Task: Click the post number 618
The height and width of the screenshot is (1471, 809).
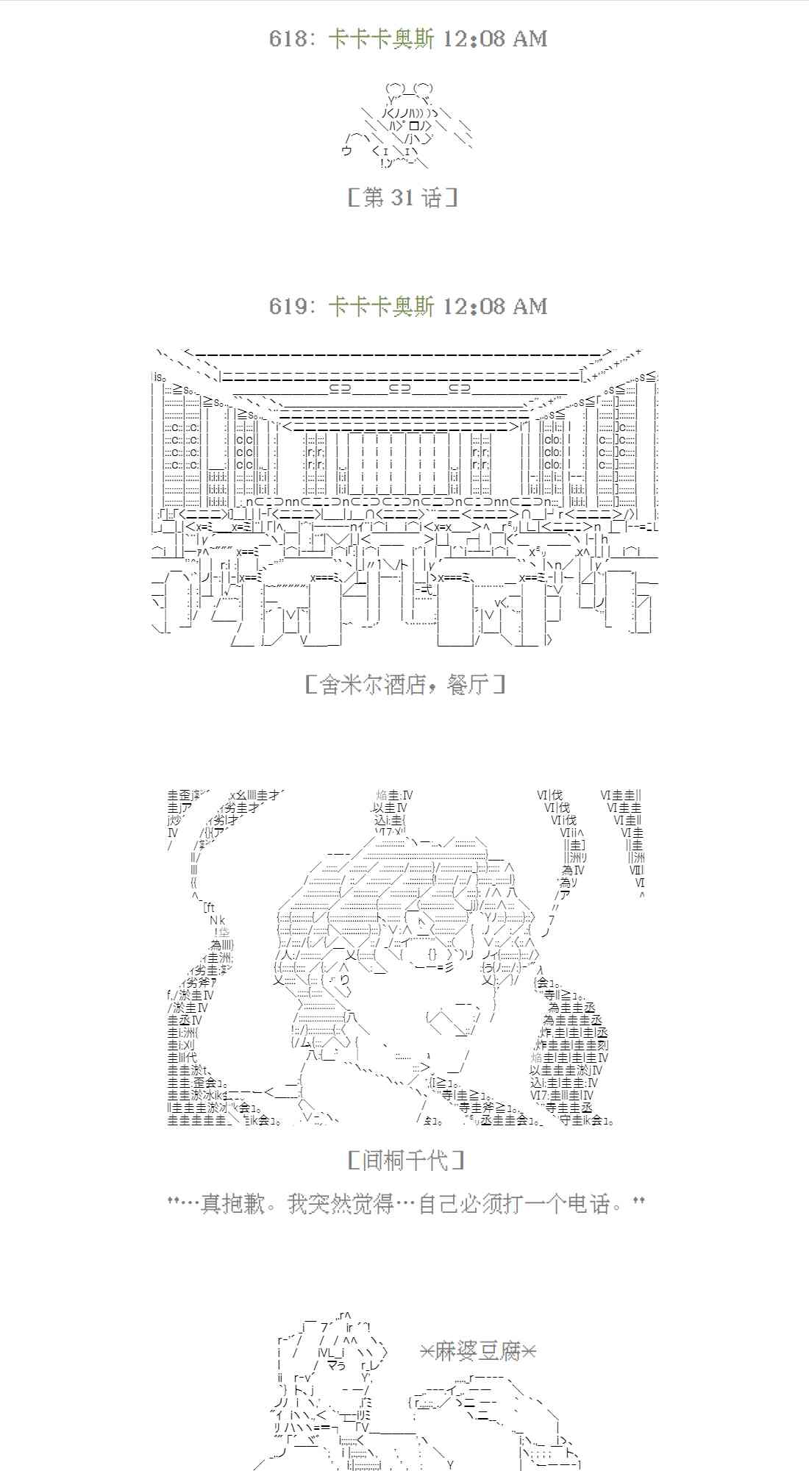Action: (x=288, y=39)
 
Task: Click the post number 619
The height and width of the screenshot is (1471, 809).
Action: (x=288, y=306)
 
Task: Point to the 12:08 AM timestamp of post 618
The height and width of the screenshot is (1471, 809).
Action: (x=496, y=39)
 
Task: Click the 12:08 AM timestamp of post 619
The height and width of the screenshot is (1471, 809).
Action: (x=496, y=306)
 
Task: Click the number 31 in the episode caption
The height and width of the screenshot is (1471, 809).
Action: (x=402, y=197)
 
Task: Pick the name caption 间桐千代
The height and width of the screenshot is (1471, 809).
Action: (x=405, y=1161)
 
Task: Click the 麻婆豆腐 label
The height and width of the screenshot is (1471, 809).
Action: (x=478, y=1351)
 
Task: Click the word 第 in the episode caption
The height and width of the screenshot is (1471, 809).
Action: (x=374, y=197)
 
